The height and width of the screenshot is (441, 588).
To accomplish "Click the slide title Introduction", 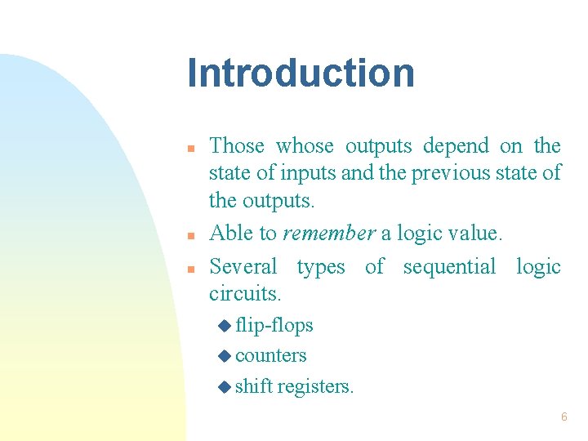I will pyautogui.click(x=301, y=73).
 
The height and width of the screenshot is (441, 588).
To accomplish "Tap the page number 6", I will pyautogui.click(x=563, y=417).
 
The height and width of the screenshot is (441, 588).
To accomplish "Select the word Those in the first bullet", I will pyautogui.click(x=237, y=146).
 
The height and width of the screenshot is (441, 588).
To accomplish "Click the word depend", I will pyautogui.click(x=456, y=147).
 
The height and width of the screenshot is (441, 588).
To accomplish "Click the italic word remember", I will pyautogui.click(x=328, y=234).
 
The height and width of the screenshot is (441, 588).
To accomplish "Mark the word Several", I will pyautogui.click(x=243, y=267).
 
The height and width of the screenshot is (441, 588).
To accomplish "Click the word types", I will pyautogui.click(x=322, y=268).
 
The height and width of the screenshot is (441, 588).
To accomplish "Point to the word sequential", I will pyautogui.click(x=449, y=268).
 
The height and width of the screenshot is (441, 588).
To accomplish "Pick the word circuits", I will pyautogui.click(x=245, y=292).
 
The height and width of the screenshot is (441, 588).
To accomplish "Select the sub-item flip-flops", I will pyautogui.click(x=274, y=325).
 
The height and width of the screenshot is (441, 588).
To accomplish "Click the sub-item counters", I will pyautogui.click(x=270, y=356).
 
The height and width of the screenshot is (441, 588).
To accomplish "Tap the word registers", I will pyautogui.click(x=315, y=387).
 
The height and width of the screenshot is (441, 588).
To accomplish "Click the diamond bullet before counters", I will pyautogui.click(x=225, y=356).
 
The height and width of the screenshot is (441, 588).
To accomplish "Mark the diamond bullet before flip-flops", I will pyautogui.click(x=225, y=326).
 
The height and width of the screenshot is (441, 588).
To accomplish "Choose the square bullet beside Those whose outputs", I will pyautogui.click(x=189, y=149).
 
